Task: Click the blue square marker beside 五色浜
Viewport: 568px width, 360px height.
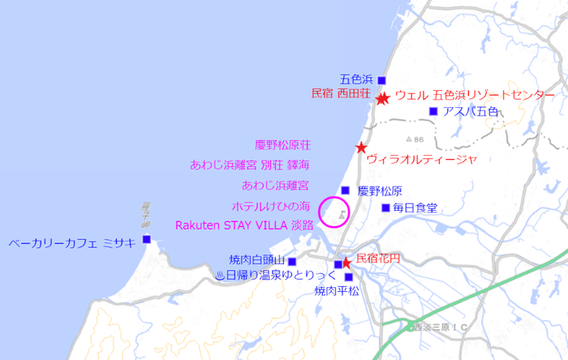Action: point(381,80)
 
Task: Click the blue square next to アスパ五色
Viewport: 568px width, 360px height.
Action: point(433,111)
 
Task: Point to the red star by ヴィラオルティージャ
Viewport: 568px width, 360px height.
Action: point(361,148)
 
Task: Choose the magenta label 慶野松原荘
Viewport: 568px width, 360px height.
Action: point(282,145)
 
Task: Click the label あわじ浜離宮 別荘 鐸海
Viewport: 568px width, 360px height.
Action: point(250,165)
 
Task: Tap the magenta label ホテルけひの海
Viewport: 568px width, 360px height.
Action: point(271,206)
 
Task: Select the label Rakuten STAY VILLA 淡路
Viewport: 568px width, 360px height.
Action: point(244,225)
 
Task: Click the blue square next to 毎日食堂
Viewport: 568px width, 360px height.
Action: point(385,208)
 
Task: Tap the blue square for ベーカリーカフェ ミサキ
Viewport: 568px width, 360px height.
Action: point(147,239)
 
